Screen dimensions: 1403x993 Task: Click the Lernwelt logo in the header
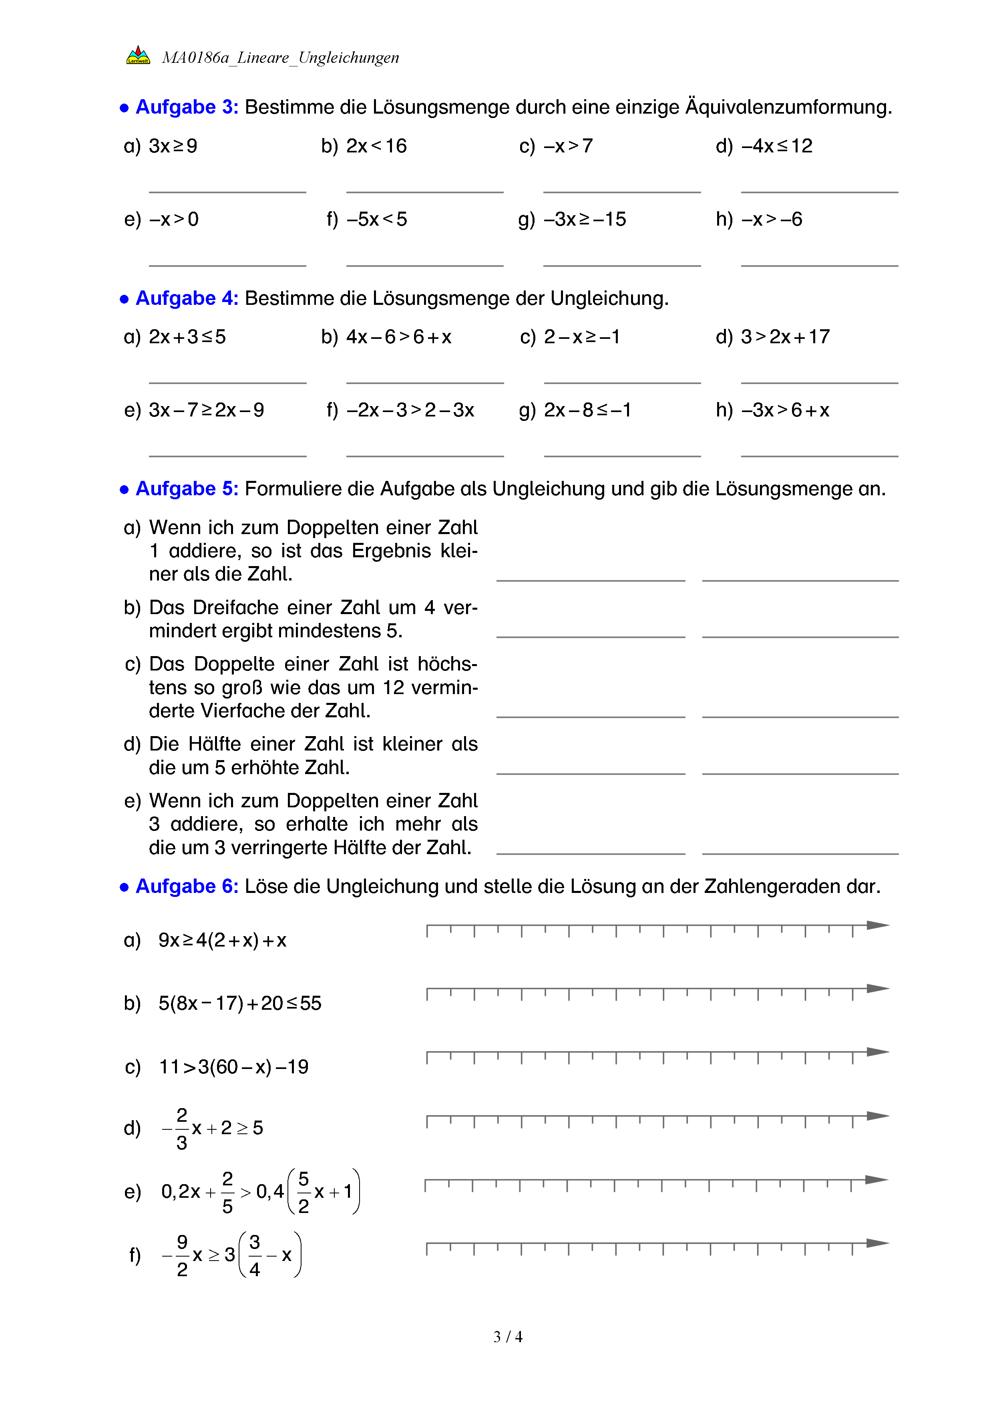pos(138,56)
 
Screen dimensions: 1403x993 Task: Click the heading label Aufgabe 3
pos(187,107)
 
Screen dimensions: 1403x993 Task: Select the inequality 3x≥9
pos(173,146)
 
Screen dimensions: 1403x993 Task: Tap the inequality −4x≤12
pos(776,146)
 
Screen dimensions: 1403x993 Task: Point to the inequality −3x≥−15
pos(585,219)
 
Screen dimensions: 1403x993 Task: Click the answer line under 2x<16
pos(424,192)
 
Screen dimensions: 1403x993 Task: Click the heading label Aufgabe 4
pos(187,298)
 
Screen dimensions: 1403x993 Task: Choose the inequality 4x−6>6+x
pos(399,337)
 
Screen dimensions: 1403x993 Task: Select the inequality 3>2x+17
pos(785,337)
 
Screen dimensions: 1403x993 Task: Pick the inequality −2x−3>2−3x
pos(410,410)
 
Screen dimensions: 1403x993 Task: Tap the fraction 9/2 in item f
pos(182,1256)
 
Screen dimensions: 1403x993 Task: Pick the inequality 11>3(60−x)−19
pos(233,1067)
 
